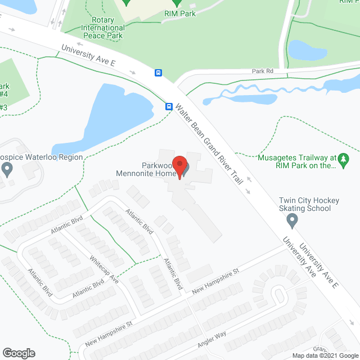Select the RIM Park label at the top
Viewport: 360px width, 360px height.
coord(180,13)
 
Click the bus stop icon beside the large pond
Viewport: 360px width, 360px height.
coord(169,106)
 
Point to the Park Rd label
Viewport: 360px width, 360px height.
coord(262,71)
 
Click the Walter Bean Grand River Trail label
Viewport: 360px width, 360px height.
coord(209,144)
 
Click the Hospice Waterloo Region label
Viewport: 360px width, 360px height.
coord(42,157)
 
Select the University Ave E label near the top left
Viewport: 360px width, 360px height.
coord(89,56)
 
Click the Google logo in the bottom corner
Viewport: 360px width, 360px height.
coord(18,353)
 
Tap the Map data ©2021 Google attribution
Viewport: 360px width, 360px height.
coord(323,355)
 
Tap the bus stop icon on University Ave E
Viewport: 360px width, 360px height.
coord(159,72)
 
